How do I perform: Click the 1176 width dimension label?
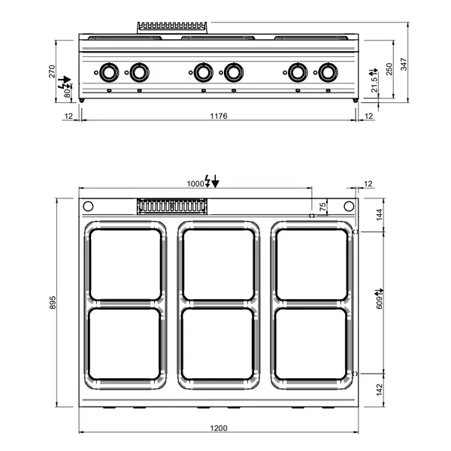pos(218,116)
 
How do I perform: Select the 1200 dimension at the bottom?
pos(218,428)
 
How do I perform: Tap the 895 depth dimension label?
pos(53,302)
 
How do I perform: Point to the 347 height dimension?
pos(404,65)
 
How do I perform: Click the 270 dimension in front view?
pos(52,72)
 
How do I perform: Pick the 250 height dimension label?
pos(389,68)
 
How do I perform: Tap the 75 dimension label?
pos(323,207)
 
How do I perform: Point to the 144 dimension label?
pos(379,214)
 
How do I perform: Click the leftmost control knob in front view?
pos(108,73)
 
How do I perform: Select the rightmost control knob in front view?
pos(327,73)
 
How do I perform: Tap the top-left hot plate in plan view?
pos(125,263)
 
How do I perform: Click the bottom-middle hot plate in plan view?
pos(219,344)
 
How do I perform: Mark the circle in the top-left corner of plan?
pos(87,207)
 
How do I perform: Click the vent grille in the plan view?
pos(172,205)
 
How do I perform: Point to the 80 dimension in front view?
pos(67,94)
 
